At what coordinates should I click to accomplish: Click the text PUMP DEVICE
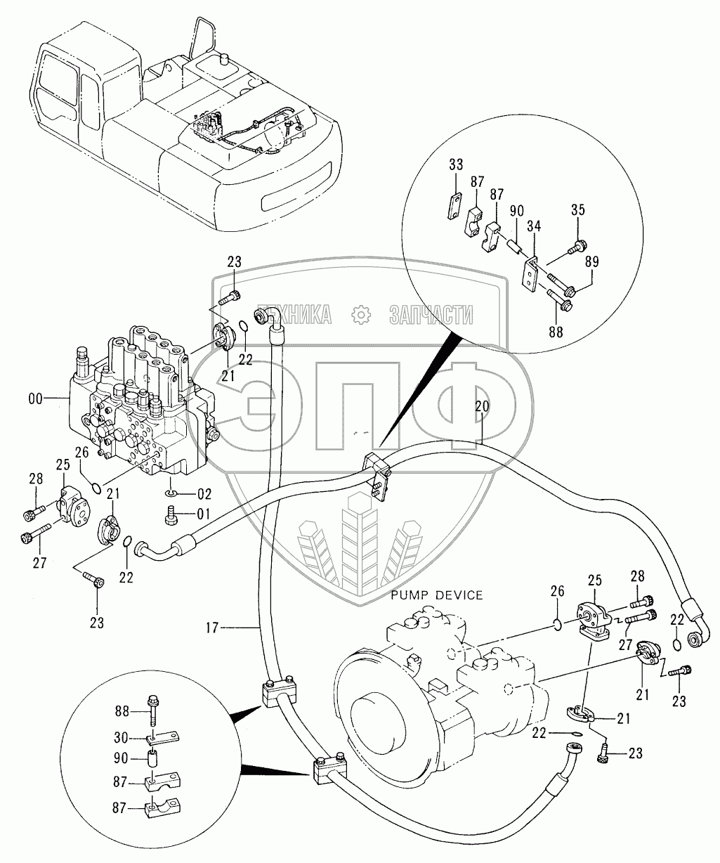[x=438, y=595]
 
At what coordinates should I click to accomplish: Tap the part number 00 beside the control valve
[x=34, y=398]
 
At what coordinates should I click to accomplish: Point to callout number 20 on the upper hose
[x=482, y=406]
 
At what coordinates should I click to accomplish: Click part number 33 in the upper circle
[x=456, y=165]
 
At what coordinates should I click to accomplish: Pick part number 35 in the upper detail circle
[x=577, y=210]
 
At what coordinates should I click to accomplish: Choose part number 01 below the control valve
[x=203, y=513]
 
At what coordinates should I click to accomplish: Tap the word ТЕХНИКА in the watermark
[x=294, y=316]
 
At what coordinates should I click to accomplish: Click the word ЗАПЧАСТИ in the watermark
[x=431, y=316]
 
